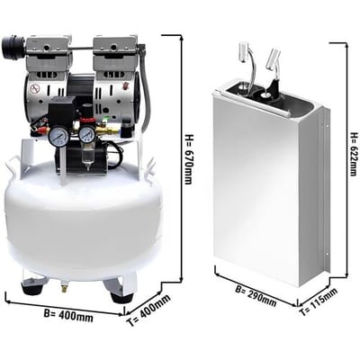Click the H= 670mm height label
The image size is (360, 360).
coord(188,159)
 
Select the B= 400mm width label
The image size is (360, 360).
coord(68,315)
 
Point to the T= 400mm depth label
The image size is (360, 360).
coord(148,310)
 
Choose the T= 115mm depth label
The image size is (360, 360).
coord(319,302)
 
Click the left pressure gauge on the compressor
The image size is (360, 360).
coord(58,137)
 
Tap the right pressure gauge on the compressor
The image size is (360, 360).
coord(87,134)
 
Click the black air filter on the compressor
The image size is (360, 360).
coord(12,48)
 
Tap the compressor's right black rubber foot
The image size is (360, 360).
coord(121,298)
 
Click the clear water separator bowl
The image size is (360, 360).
coord(87,157)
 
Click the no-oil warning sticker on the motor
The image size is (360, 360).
coord(34,89)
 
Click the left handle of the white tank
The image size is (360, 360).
coord(12,166)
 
